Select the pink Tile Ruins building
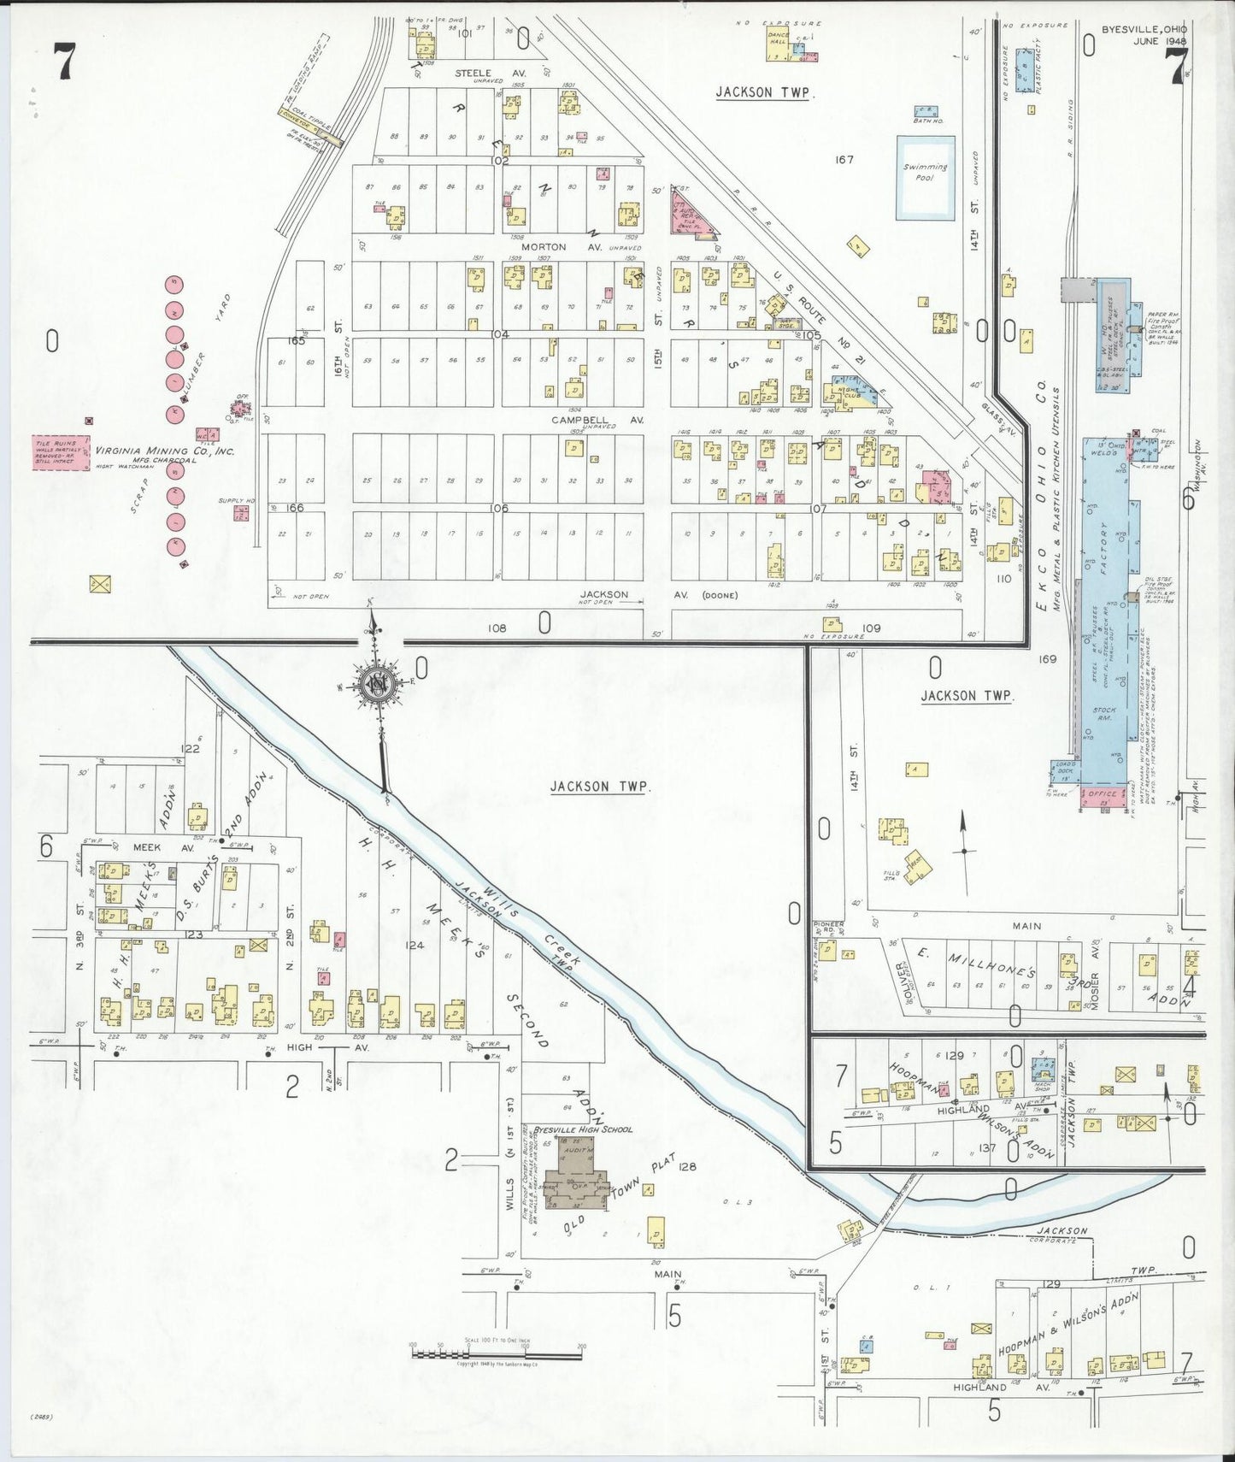(61, 451)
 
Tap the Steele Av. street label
(478, 74)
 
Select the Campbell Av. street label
(585, 421)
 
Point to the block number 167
(844, 159)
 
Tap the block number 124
(415, 946)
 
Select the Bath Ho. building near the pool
(923, 114)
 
